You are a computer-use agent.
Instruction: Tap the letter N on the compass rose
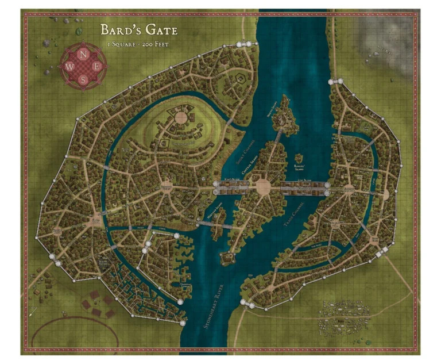point(84,55)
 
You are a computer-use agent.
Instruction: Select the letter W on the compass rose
point(70,67)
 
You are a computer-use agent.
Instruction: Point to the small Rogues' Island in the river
point(300,162)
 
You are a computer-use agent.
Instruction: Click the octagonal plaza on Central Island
point(263,186)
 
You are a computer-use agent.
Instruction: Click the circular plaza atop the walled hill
point(180,118)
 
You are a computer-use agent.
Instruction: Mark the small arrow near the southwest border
point(33,312)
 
